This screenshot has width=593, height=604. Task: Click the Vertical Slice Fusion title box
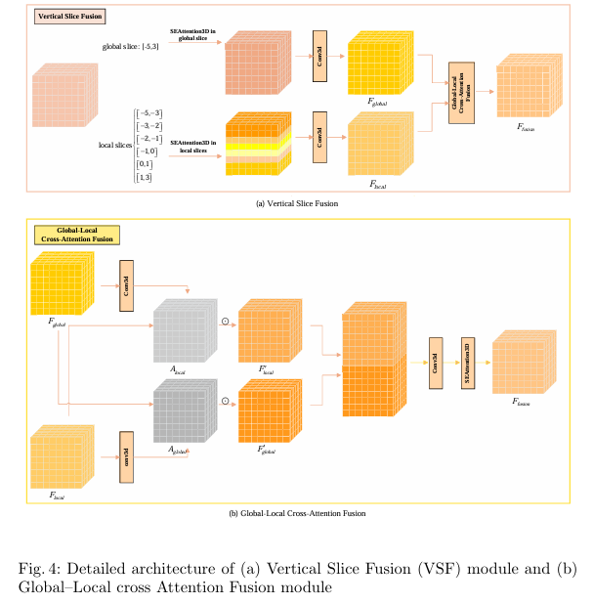coord(71,17)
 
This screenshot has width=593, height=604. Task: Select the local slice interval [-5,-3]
coord(149,113)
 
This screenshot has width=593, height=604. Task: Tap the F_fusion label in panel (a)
coord(527,127)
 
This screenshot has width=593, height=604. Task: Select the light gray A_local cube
coord(182,332)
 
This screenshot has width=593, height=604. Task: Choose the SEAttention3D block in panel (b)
coord(466,358)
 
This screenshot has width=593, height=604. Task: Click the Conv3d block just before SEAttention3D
coord(436,358)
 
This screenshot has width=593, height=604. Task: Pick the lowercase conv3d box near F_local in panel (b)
coord(126,455)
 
